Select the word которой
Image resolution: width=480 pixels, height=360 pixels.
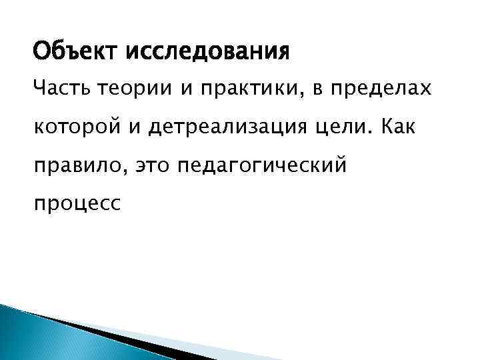(x=85, y=129)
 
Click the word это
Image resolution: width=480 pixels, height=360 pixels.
(x=154, y=166)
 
